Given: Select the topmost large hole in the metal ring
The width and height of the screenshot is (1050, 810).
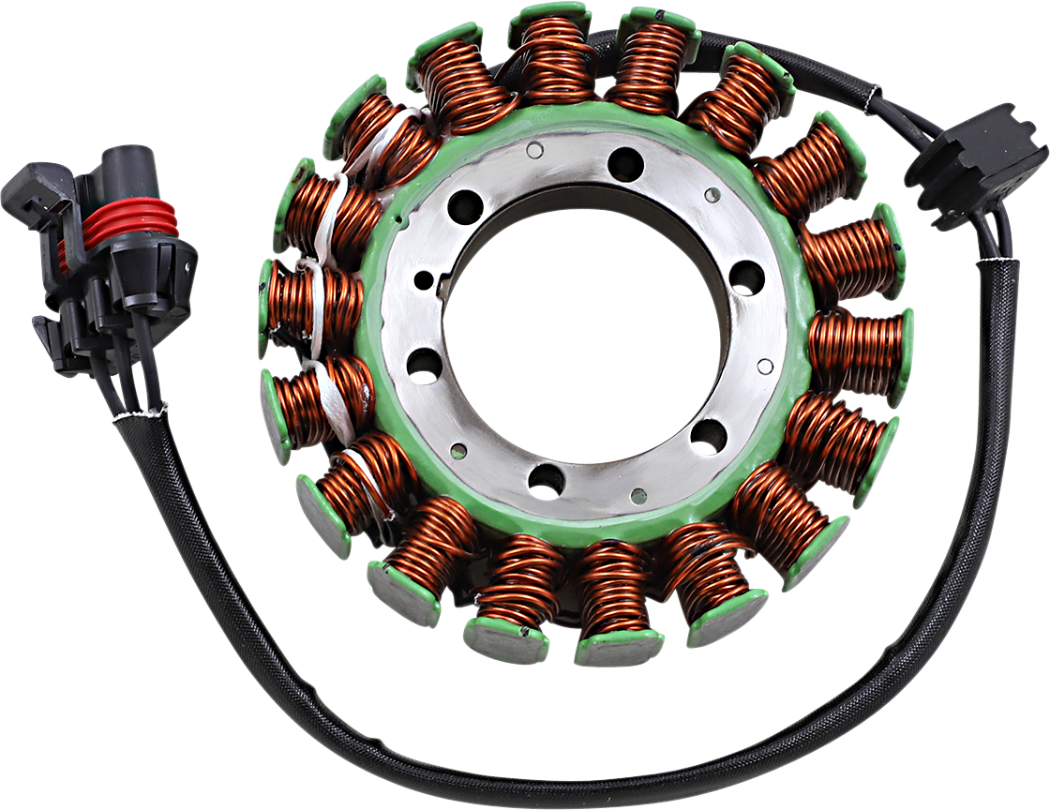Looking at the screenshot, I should [625, 165].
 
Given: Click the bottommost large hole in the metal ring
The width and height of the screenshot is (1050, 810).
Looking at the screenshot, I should [547, 480].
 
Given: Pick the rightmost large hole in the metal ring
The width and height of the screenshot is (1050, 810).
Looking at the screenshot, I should [747, 277].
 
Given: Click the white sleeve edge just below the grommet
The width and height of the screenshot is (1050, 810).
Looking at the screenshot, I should [994, 262].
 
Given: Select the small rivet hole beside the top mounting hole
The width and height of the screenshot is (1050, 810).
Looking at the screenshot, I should [534, 150].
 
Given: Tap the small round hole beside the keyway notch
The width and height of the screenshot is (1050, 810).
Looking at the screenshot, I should [424, 279].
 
